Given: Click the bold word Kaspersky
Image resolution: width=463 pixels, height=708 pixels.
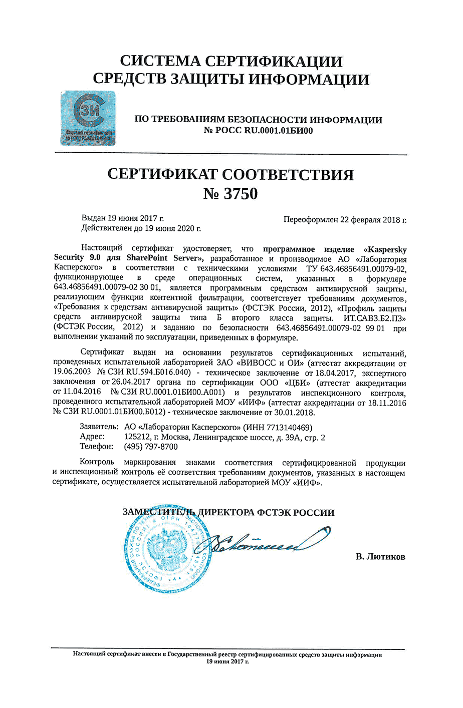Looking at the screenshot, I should pos(386,249).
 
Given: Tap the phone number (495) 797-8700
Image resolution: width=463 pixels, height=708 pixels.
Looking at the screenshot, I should pos(150,447).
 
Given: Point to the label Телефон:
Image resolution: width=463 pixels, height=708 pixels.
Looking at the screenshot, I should pos(97,447).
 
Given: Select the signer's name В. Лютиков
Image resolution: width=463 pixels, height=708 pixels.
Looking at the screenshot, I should pos(380,557).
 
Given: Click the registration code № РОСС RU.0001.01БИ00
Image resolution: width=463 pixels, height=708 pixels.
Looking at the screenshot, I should pos(258,131).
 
